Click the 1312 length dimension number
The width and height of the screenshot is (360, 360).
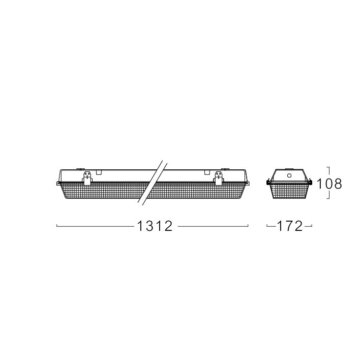[155, 226]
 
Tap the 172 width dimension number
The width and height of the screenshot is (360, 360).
[290, 226]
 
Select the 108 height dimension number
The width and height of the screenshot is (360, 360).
[329, 184]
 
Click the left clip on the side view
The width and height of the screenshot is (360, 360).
[87, 178]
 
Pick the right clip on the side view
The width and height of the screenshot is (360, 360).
[219, 178]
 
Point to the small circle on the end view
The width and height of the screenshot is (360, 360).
[289, 175]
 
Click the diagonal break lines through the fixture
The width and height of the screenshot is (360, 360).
[152, 183]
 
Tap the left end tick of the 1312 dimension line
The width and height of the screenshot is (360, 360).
[57, 226]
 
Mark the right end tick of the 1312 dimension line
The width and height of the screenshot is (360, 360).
[248, 226]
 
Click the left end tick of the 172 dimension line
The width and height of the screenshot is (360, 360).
[267, 226]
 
